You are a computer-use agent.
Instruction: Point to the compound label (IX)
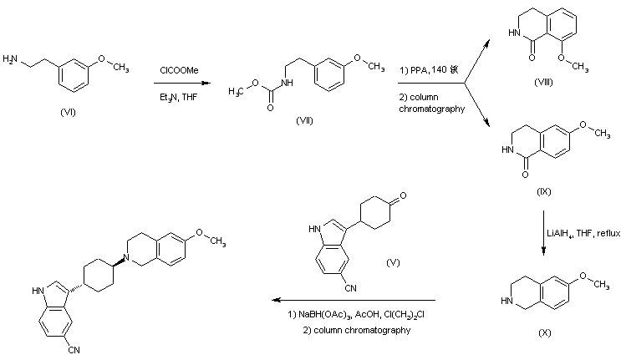[x=544, y=191]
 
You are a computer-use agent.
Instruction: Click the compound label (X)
[x=544, y=332]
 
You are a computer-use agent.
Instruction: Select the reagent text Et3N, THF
[x=178, y=97]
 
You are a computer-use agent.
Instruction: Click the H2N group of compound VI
[x=12, y=59]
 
